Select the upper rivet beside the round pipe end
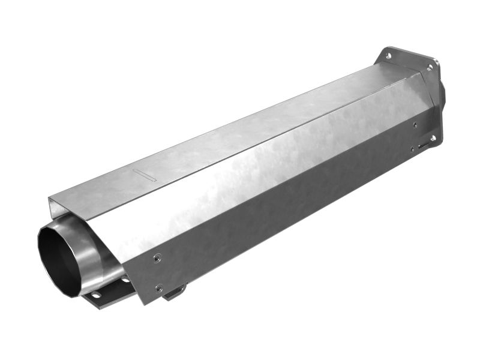point(157,259)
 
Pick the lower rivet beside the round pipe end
point(158,289)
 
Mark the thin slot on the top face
point(145,176)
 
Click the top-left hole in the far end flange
point(388,56)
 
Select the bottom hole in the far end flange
point(433,139)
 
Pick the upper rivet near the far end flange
point(415,125)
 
